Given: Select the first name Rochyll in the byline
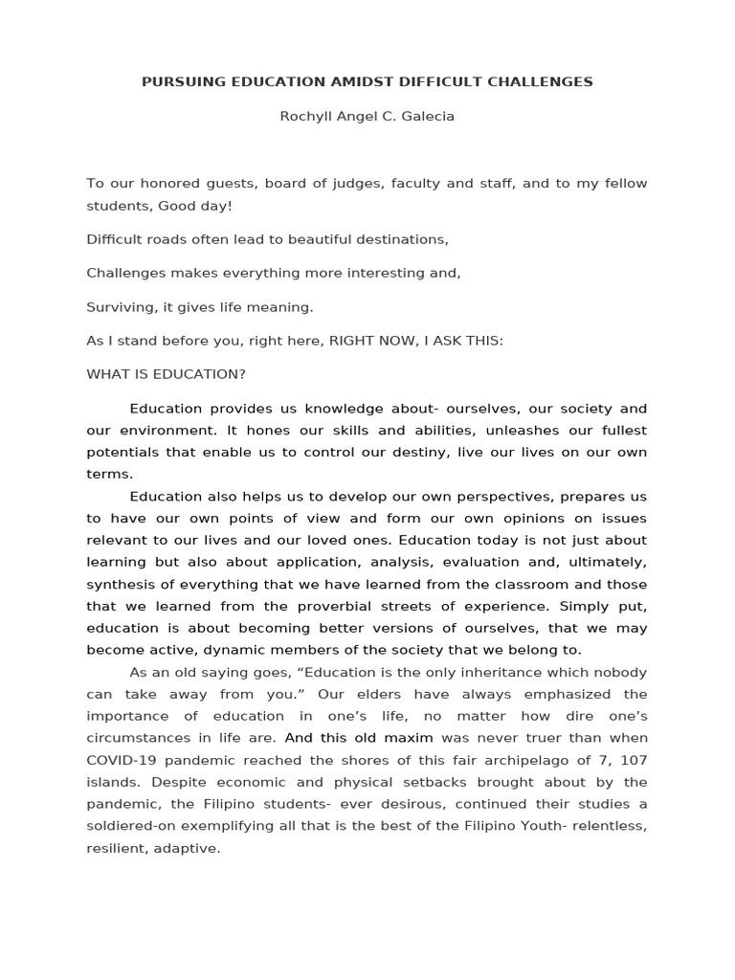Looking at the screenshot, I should click(303, 117).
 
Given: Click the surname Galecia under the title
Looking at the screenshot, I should click(427, 117).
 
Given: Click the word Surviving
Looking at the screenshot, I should click(120, 307).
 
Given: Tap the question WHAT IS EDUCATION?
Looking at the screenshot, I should click(166, 374).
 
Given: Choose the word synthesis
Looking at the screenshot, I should click(120, 585).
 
